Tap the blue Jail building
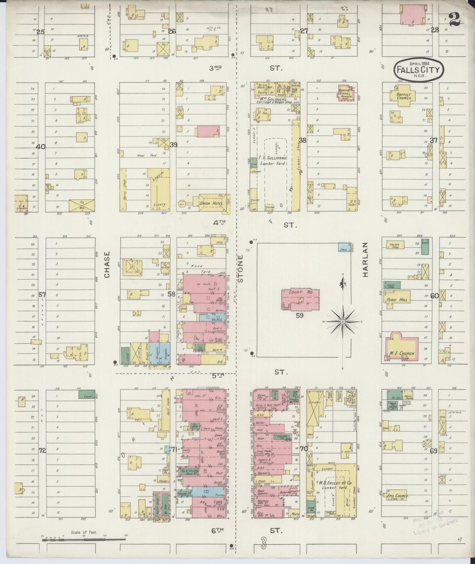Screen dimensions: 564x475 tap(344, 247)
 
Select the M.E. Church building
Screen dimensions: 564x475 tap(402, 347)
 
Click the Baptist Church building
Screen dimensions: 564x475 tap(401, 96)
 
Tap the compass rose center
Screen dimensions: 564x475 tap(343, 321)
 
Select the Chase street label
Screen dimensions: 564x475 tap(107, 265)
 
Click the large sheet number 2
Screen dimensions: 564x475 tap(455, 20)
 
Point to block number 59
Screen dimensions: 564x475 tap(299, 315)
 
